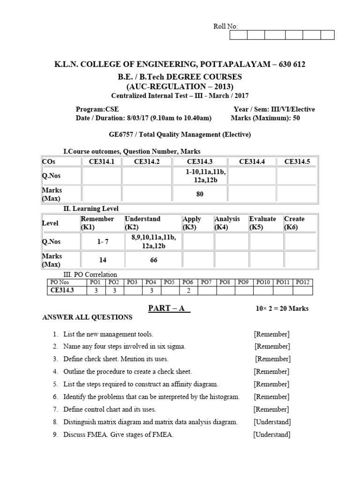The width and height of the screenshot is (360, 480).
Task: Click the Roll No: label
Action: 226,27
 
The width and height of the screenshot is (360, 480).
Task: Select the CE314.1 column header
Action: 101,162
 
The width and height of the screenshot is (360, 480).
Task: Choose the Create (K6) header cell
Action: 294,223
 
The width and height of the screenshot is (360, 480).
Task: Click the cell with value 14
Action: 103,260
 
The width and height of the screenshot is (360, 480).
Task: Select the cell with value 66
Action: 153,260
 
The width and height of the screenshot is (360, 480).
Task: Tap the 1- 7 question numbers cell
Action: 103,242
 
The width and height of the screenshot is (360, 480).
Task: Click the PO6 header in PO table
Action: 188,282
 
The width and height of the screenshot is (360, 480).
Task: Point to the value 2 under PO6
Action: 188,291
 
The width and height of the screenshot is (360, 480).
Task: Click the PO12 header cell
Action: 303,282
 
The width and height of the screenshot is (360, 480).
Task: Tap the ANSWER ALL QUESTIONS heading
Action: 88,317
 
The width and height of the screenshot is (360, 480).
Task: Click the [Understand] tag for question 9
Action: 272,435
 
